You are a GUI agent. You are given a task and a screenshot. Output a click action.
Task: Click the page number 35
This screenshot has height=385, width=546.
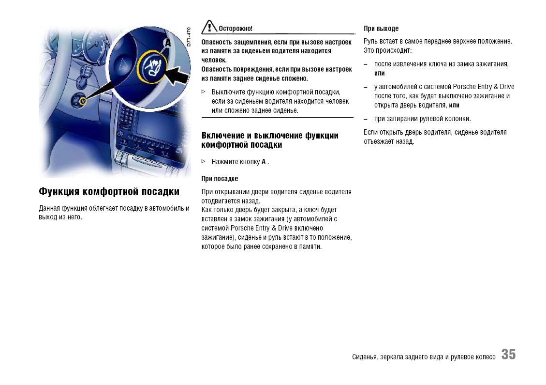click(508, 354)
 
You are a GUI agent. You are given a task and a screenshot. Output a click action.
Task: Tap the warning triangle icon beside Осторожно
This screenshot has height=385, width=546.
click(209, 27)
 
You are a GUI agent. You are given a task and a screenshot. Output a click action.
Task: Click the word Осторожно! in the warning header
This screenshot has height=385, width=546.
click(235, 29)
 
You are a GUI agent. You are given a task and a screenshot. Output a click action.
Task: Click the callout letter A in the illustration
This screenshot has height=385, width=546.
click(168, 43)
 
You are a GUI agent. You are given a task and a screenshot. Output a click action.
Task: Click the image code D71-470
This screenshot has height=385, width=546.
click(189, 37)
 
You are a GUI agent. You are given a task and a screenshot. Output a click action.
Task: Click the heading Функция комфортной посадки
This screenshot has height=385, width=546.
click(109, 192)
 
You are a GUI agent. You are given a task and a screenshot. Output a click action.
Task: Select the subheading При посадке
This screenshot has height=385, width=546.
click(220, 179)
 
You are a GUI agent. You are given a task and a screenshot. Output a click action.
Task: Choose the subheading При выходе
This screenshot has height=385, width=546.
click(381, 29)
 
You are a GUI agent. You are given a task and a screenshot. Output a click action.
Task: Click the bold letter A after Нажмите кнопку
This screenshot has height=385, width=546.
click(264, 162)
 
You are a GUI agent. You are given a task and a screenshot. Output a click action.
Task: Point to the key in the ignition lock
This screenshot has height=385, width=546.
click(82, 101)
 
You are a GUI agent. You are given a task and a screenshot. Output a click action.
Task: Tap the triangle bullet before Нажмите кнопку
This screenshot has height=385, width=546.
click(204, 161)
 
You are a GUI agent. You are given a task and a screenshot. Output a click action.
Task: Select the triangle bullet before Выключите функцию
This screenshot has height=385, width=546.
click(204, 92)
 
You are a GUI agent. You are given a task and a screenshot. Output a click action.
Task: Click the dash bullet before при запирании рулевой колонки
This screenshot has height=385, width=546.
click(366, 119)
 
